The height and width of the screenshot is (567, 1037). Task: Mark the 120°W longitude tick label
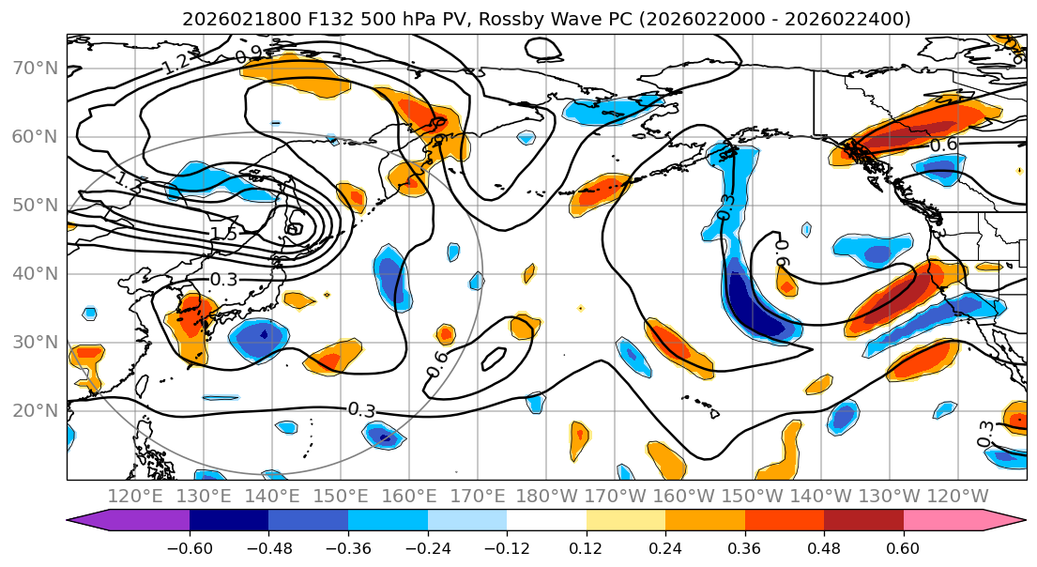tap(958, 496)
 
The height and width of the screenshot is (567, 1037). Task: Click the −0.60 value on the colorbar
tap(190, 547)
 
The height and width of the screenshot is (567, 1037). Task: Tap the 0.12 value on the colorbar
tap(586, 547)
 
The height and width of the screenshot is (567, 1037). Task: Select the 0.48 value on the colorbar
tap(824, 547)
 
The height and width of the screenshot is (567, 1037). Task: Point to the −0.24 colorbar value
tap(427, 547)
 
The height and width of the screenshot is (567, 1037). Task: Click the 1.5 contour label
tap(222, 234)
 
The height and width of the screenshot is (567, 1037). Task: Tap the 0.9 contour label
tap(249, 56)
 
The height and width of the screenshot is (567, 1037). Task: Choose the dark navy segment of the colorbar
tap(229, 521)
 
